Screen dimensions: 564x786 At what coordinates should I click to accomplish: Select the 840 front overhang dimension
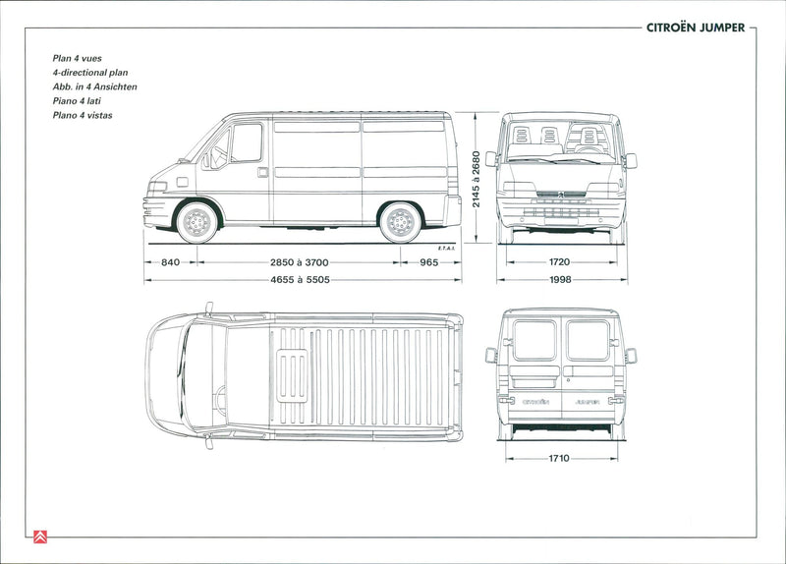click(x=171, y=262)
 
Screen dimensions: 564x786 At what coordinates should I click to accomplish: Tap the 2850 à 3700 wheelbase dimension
click(x=299, y=262)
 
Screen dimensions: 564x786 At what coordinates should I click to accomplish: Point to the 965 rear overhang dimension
click(x=429, y=262)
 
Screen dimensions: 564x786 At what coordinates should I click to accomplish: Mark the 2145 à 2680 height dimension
click(x=476, y=179)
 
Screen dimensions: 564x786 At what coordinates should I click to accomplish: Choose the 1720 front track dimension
click(x=560, y=262)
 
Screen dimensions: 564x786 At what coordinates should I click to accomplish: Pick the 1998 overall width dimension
click(x=560, y=280)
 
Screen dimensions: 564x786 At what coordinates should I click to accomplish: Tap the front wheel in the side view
click(x=196, y=222)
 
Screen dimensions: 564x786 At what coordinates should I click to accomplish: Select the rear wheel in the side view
click(x=400, y=222)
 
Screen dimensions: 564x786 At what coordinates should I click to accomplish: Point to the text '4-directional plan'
click(x=90, y=73)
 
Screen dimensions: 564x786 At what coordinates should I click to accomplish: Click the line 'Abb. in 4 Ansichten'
click(x=95, y=86)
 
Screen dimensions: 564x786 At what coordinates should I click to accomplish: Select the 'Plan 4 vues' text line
click(x=78, y=58)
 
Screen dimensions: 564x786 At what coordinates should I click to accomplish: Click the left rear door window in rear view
click(x=534, y=340)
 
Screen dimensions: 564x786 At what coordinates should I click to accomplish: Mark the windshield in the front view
click(x=560, y=139)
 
